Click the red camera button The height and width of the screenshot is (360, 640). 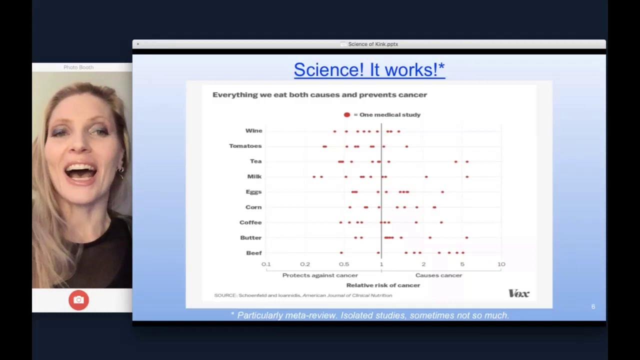click(x=78, y=300)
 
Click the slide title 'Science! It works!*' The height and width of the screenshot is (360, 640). click(x=369, y=69)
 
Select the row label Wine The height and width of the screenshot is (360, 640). click(x=253, y=130)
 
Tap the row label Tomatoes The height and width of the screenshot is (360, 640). click(x=245, y=146)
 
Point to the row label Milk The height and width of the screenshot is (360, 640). click(x=254, y=176)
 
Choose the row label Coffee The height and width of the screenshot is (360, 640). click(x=250, y=222)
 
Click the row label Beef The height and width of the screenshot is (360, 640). click(x=253, y=253)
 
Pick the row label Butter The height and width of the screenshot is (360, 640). click(x=250, y=237)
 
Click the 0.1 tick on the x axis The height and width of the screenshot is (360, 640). click(x=266, y=264)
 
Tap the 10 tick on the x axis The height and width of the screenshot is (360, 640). click(x=501, y=264)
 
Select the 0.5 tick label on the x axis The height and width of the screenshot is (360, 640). click(x=344, y=264)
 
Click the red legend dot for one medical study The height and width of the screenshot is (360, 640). click(x=347, y=114)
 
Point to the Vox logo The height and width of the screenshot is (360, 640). click(x=518, y=293)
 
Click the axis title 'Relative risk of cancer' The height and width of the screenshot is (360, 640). click(x=383, y=285)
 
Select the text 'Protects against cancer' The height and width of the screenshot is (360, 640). click(x=320, y=275)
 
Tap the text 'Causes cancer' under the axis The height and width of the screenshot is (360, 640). click(x=438, y=275)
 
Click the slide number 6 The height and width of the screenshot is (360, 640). click(x=593, y=306)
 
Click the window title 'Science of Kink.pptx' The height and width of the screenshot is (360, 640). click(x=373, y=44)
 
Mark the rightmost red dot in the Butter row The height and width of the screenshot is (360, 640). click(x=466, y=237)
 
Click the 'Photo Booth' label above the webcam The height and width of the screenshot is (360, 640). click(x=78, y=67)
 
